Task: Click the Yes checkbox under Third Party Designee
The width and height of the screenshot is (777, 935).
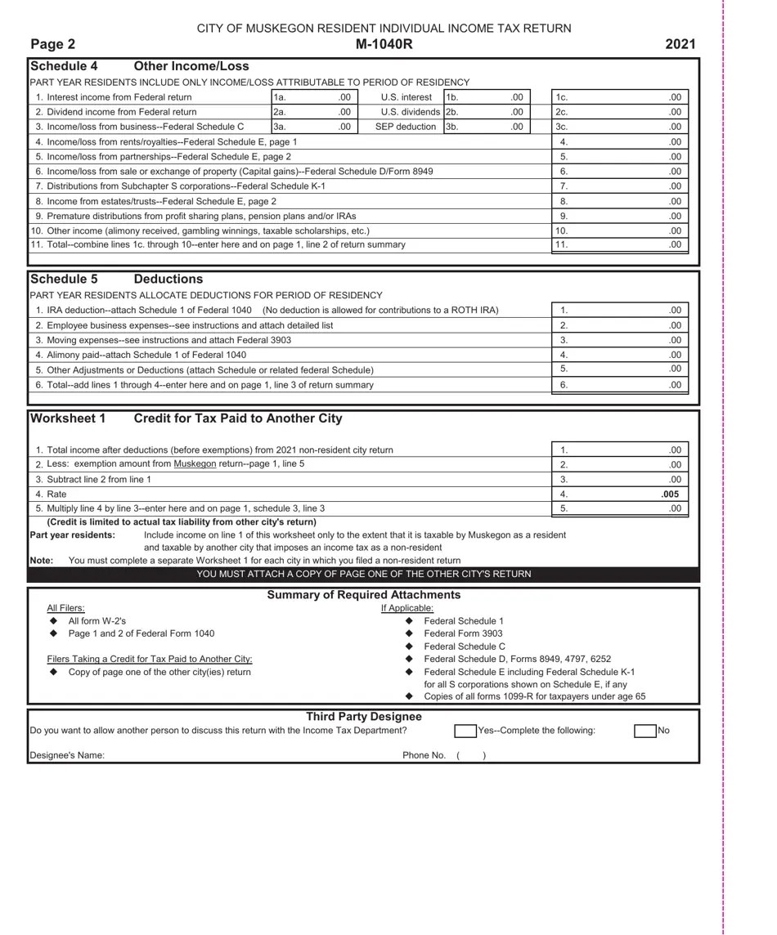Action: (465, 731)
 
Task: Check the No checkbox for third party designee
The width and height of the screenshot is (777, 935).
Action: (645, 731)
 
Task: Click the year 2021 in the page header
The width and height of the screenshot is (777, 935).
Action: (680, 44)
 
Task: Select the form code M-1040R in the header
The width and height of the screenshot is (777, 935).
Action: (384, 44)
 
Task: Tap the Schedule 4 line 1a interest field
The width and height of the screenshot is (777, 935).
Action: (314, 97)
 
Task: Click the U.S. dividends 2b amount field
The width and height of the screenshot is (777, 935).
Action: (487, 112)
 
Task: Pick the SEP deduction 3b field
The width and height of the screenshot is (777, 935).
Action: (487, 127)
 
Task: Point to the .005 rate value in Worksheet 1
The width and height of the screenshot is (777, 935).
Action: (670, 494)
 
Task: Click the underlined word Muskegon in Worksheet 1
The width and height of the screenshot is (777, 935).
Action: (195, 464)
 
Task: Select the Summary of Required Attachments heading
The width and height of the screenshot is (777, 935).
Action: (363, 595)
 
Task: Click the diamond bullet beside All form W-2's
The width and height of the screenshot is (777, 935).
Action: (54, 622)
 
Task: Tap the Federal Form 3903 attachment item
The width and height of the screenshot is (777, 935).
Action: (463, 633)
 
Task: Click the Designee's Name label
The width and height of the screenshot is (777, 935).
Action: (67, 755)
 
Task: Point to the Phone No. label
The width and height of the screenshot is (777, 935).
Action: (424, 755)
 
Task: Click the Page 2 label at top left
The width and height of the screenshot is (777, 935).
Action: (53, 44)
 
